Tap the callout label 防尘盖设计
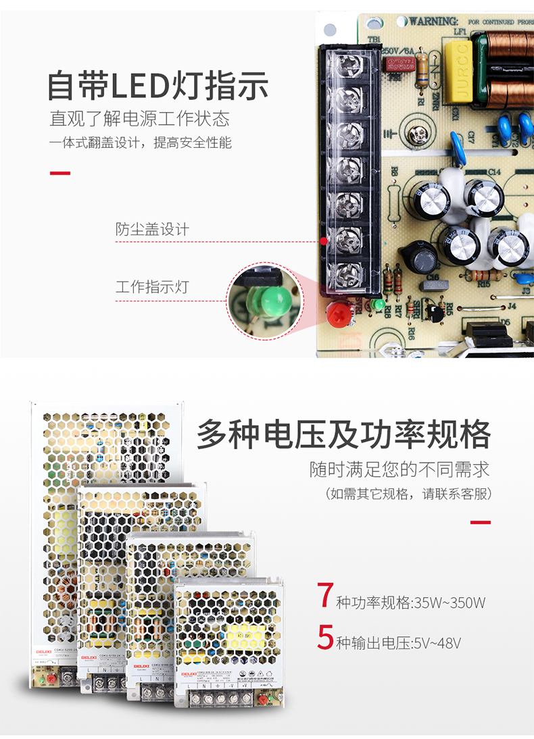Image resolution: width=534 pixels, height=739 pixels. tap(152, 230)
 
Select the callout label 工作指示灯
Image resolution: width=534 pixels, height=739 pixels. tap(152, 287)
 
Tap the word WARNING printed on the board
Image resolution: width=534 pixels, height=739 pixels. tap(433, 21)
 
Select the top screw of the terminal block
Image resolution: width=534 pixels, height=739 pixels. tap(349, 66)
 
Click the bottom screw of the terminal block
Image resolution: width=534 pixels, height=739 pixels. tap(349, 274)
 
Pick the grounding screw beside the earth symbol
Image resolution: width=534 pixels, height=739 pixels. tap(419, 134)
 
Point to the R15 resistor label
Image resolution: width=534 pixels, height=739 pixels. tap(484, 284)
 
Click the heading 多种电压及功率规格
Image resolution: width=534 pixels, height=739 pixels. tap(343, 434)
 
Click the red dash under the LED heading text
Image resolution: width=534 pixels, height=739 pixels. tap(60, 173)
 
